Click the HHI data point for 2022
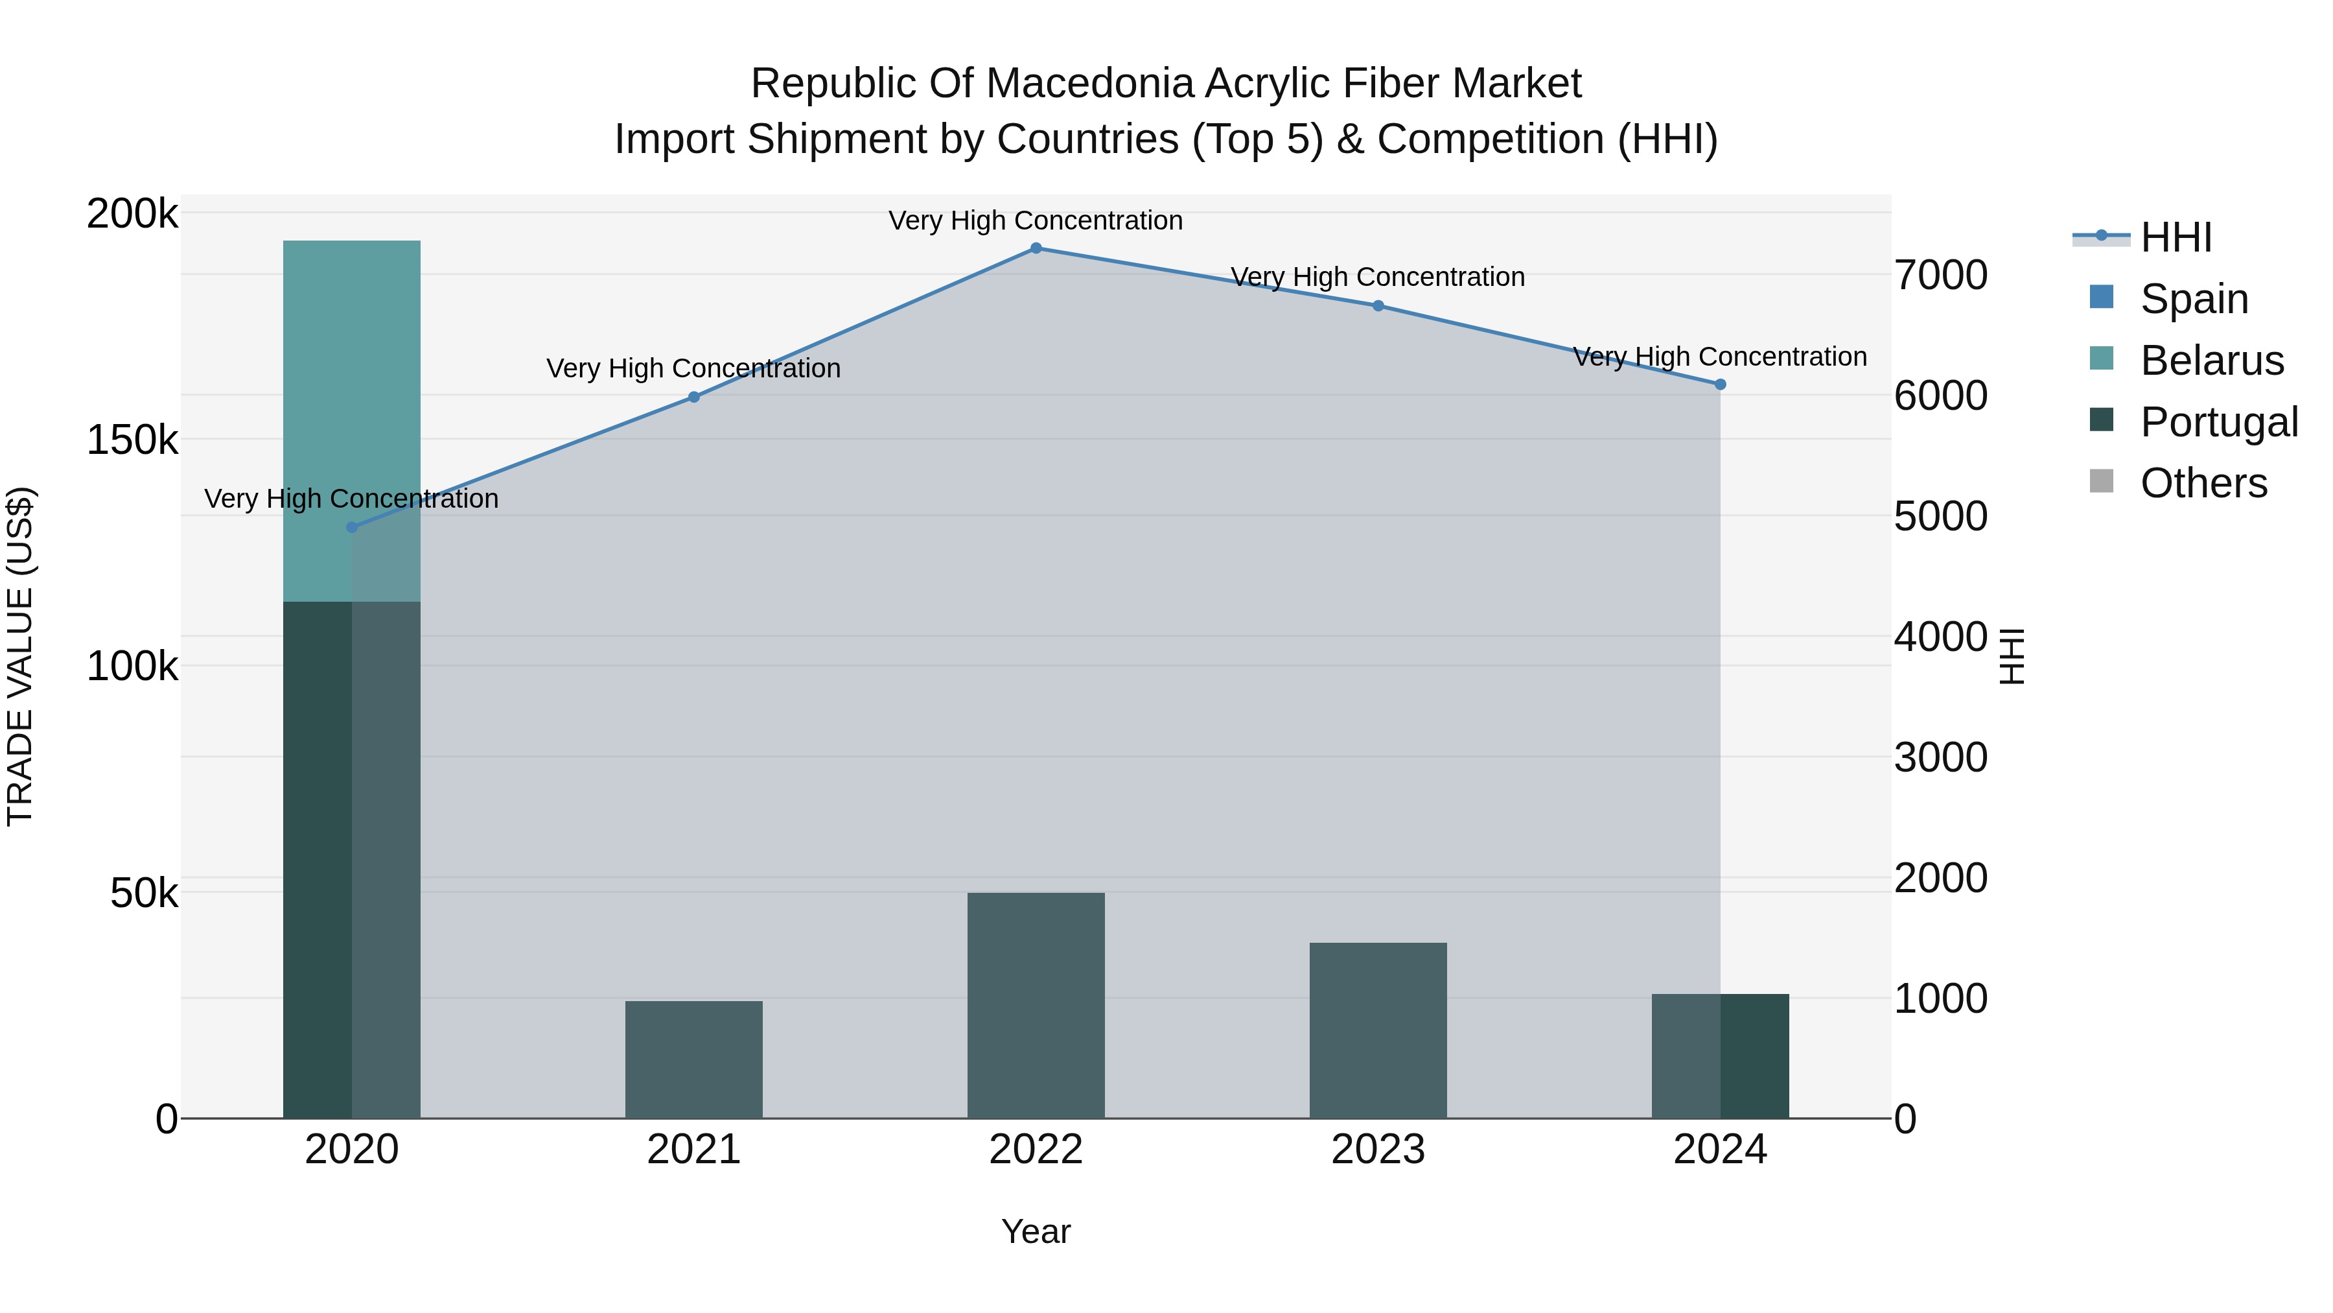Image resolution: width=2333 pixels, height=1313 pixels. (x=1036, y=248)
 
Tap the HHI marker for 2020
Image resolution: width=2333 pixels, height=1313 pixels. (x=353, y=527)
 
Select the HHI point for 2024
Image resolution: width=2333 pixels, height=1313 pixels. (x=1721, y=384)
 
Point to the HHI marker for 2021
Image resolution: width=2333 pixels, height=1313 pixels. (x=693, y=397)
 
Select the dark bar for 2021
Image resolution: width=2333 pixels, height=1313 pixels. (x=693, y=1059)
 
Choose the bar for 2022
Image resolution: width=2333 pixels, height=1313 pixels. (x=1036, y=1005)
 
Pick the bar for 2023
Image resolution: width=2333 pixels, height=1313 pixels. (x=1378, y=1030)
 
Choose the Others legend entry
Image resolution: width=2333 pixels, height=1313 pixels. (x=2203, y=483)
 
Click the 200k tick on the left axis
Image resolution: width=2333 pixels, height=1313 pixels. (x=132, y=215)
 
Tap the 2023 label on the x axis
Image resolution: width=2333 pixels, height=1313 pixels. (x=1378, y=1150)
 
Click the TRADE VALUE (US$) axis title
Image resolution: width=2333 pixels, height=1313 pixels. (x=20, y=656)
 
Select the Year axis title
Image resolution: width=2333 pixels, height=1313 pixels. (x=1036, y=1231)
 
